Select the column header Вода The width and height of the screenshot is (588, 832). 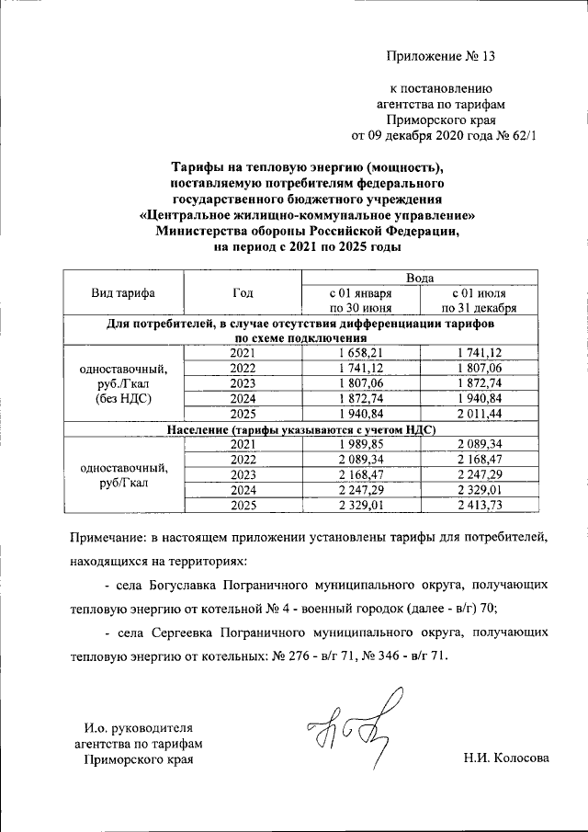(x=421, y=278)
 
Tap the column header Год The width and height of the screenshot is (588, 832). (x=243, y=293)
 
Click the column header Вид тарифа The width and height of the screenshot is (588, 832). (x=123, y=293)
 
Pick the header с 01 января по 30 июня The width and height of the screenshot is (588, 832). (x=361, y=301)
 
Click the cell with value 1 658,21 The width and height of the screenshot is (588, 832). (x=361, y=352)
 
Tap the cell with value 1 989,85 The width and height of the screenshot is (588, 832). (x=361, y=445)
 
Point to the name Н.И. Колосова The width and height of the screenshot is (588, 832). (x=506, y=758)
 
